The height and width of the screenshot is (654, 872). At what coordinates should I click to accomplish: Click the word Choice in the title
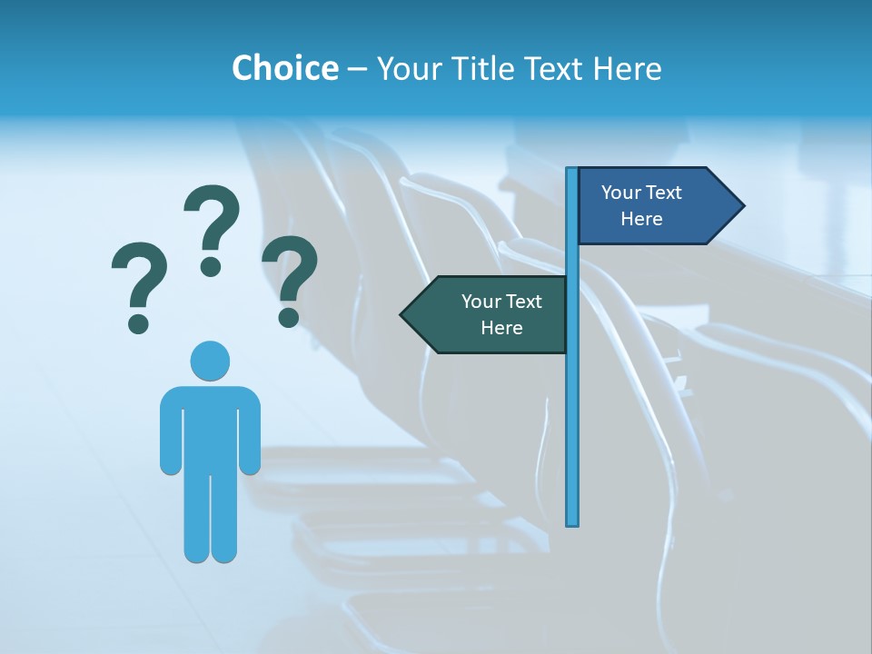tap(284, 68)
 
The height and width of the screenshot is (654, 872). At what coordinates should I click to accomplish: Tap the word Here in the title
tap(627, 68)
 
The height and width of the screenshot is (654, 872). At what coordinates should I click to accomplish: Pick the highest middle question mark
tap(212, 229)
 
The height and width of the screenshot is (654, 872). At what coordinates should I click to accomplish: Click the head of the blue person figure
tap(210, 361)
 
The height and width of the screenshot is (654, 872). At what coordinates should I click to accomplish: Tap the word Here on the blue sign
tap(641, 219)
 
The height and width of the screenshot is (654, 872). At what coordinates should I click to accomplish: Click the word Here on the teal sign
tap(501, 328)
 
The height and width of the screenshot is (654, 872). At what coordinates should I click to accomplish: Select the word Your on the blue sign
tap(620, 193)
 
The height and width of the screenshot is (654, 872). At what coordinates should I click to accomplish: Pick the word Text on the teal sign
tap(523, 302)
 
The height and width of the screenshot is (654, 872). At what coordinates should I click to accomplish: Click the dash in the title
tap(357, 69)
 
